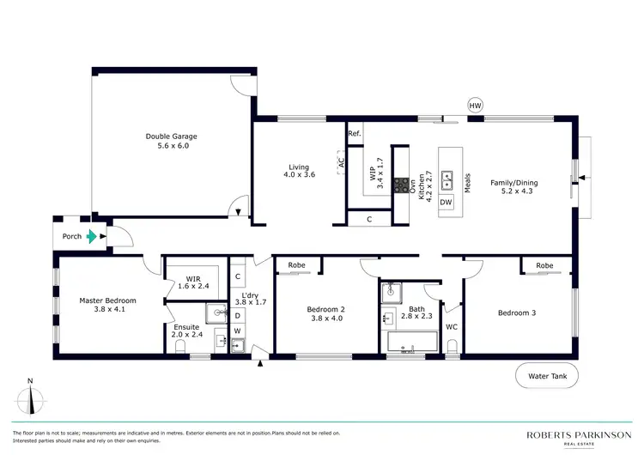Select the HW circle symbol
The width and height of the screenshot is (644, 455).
(476, 106)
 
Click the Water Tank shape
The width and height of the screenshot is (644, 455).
(547, 376)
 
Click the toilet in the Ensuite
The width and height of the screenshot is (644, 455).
(180, 345)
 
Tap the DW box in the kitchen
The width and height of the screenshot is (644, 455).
(446, 203)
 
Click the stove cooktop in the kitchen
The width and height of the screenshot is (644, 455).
(401, 183)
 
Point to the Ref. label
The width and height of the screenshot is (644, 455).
(354, 134)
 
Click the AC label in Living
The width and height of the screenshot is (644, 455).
(341, 161)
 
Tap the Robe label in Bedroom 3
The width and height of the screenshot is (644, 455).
(544, 266)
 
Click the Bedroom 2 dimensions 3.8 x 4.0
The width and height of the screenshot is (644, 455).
(325, 318)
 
